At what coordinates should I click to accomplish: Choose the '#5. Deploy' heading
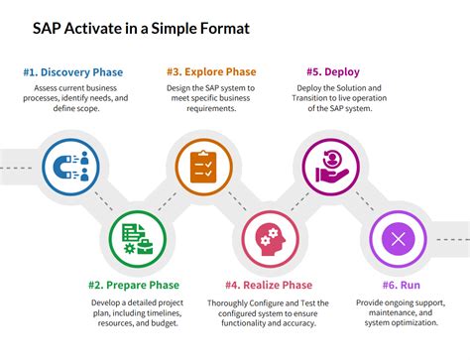(x=333, y=71)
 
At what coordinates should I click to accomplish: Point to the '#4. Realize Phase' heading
(x=270, y=286)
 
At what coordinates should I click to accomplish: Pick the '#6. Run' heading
(x=398, y=286)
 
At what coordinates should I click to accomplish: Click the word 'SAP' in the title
(x=48, y=28)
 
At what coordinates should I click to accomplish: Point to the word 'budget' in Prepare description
(x=165, y=323)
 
